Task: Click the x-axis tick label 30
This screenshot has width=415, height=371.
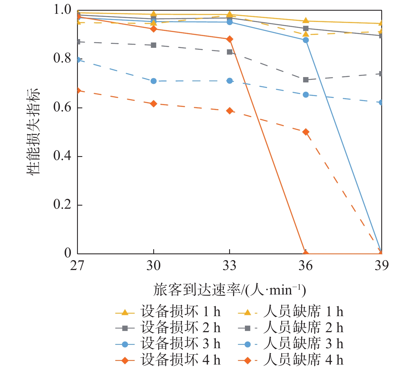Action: point(153,266)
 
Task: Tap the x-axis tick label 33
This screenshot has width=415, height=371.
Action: point(229,266)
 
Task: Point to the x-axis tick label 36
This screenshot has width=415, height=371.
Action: point(306,266)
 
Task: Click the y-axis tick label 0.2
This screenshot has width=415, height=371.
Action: point(62,204)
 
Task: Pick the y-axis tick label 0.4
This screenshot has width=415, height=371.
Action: point(62,156)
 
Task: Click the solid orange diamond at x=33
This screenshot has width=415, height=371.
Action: point(229,39)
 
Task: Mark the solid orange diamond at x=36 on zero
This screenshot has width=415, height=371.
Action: point(306,253)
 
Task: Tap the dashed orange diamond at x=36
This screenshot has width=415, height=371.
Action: point(306,132)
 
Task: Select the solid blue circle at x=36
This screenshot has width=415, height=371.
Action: point(306,40)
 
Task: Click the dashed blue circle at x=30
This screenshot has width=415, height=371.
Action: point(154,81)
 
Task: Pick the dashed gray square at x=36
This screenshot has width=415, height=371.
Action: point(306,80)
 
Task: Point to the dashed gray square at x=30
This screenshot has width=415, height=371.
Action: point(154,45)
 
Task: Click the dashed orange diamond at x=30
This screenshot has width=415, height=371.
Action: point(154,104)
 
